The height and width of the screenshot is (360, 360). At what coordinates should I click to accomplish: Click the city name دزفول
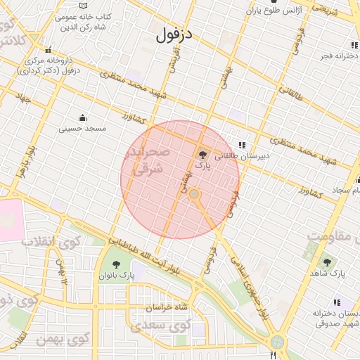174,33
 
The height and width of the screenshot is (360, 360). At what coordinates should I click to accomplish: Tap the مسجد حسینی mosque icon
83,117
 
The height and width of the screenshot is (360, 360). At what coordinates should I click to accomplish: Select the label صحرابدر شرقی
146,161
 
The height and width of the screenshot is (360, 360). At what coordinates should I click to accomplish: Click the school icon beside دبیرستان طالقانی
242,145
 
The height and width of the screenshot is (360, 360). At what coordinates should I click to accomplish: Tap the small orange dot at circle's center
194,193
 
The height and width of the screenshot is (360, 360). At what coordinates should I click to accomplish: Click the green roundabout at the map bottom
278,342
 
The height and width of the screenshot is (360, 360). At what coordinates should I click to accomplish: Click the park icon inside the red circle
202,155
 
